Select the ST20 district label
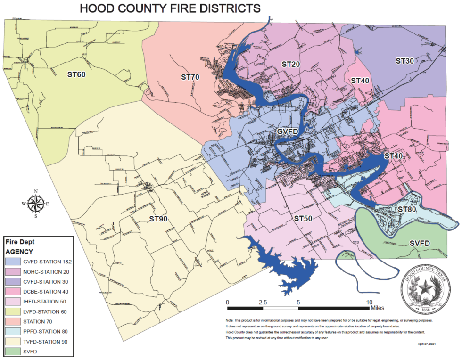[291, 64]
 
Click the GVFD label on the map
[287, 131]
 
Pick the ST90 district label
[159, 219]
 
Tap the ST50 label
[304, 219]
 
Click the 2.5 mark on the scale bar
[263, 302]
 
